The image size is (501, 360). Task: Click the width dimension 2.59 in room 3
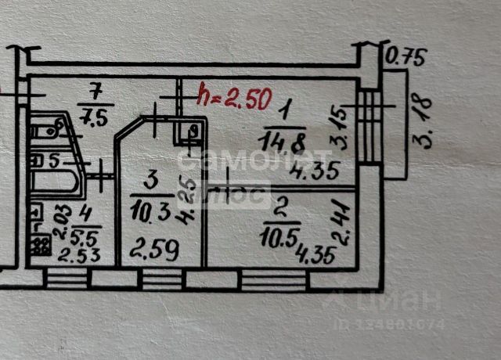(154, 251)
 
